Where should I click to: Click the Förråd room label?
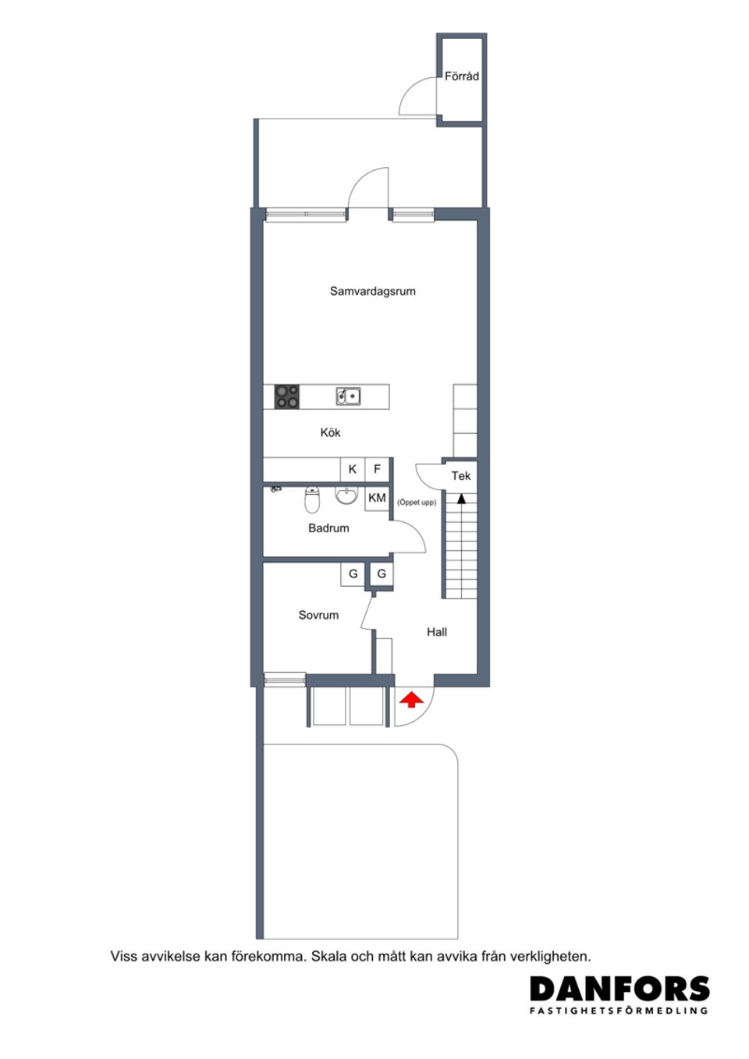tap(462, 76)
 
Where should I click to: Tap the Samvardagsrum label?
tap(373, 292)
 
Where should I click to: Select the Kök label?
tap(330, 432)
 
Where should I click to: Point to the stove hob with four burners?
tap(286, 396)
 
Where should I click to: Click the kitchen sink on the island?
tap(349, 396)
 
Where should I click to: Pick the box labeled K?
tap(353, 469)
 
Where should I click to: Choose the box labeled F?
tap(378, 469)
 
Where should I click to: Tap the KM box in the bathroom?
tap(377, 498)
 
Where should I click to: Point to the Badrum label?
tap(328, 528)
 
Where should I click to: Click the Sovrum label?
tap(318, 615)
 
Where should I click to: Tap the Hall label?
tap(437, 632)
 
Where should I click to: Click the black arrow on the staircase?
tap(461, 497)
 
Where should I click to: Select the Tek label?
tap(461, 476)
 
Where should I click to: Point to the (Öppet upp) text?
tap(417, 503)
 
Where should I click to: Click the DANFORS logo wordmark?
tap(619, 990)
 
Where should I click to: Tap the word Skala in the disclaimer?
tap(328, 956)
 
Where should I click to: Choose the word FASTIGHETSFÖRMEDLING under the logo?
tap(619, 1011)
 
